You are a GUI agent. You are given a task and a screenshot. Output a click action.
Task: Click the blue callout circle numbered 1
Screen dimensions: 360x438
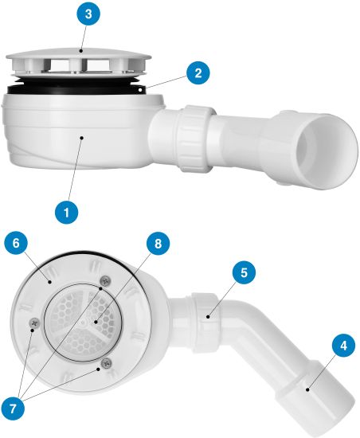[66, 212]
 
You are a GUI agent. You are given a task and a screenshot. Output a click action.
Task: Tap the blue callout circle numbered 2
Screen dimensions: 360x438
[198, 73]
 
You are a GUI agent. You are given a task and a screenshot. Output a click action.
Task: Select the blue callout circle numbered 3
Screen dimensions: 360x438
[88, 14]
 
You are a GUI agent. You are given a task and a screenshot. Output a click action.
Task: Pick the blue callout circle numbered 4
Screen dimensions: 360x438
[343, 346]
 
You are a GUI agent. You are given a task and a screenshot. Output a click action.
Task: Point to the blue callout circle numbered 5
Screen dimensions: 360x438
[244, 272]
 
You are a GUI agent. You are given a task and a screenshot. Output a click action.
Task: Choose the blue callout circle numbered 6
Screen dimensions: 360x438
[16, 243]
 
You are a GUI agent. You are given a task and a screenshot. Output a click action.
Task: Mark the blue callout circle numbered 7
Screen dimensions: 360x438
[13, 409]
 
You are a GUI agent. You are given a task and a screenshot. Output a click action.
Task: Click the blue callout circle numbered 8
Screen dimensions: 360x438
[158, 243]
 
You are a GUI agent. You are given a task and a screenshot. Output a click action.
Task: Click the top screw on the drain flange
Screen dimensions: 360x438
[105, 280]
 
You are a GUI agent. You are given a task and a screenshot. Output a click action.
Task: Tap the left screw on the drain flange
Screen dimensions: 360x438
[34, 323]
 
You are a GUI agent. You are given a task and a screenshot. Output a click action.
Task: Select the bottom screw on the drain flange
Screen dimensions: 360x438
[106, 363]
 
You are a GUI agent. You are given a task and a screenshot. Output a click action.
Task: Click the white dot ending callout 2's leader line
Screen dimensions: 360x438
[139, 90]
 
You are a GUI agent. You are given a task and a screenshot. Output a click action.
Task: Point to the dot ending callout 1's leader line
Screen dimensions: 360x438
[82, 138]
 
